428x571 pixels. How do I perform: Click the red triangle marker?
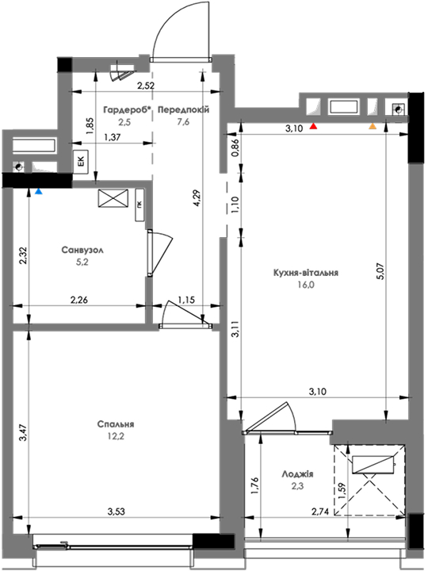pyautogui.click(x=313, y=126)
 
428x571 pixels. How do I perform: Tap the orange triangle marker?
pyautogui.click(x=373, y=126)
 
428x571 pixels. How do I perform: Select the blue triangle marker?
pyautogui.click(x=39, y=191)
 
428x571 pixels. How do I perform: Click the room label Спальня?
pyautogui.click(x=116, y=424)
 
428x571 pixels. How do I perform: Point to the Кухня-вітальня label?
pyautogui.click(x=306, y=273)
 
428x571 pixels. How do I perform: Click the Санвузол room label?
pyautogui.click(x=82, y=250)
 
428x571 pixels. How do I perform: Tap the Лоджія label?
pyautogui.click(x=297, y=474)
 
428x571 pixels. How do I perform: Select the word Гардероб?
pyautogui.click(x=125, y=109)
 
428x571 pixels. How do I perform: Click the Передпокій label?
pyautogui.click(x=184, y=109)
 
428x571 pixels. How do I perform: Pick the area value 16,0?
pyautogui.click(x=306, y=285)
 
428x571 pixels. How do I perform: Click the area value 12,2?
pyautogui.click(x=116, y=436)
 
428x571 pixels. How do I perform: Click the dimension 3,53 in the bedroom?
pyautogui.click(x=116, y=512)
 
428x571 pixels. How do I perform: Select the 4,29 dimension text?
pyautogui.click(x=197, y=197)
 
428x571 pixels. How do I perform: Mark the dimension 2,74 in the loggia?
pyautogui.click(x=320, y=512)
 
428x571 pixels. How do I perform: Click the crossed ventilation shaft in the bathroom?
pyautogui.click(x=113, y=199)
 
